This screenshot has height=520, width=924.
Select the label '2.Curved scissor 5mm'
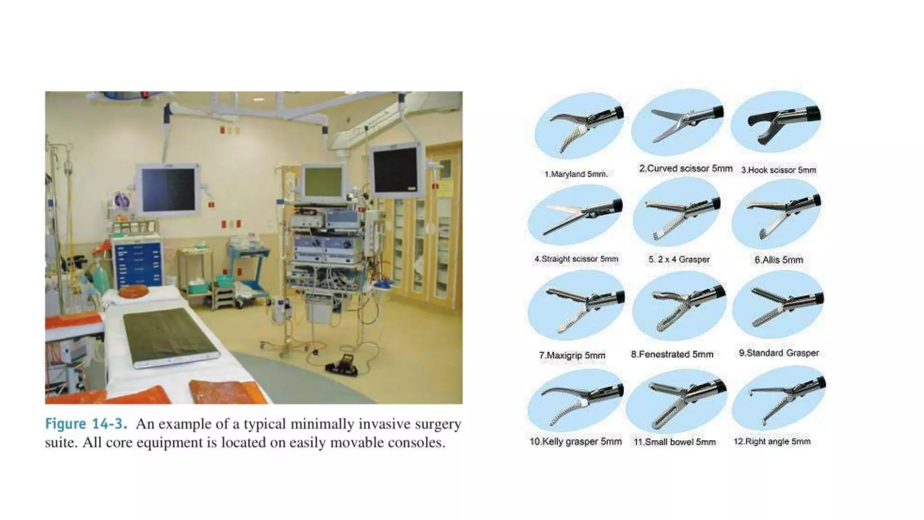(x=685, y=168)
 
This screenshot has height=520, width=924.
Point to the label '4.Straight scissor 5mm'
(x=576, y=259)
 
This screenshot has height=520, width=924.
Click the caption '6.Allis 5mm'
(x=779, y=260)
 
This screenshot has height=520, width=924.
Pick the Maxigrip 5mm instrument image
(x=577, y=306)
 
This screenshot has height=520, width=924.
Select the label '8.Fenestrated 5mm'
(x=672, y=354)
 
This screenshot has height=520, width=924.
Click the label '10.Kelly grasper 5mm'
(x=575, y=441)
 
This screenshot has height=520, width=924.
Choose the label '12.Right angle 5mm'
(x=772, y=441)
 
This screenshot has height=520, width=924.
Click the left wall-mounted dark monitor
(x=168, y=189)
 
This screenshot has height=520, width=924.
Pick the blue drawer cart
(x=137, y=264)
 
